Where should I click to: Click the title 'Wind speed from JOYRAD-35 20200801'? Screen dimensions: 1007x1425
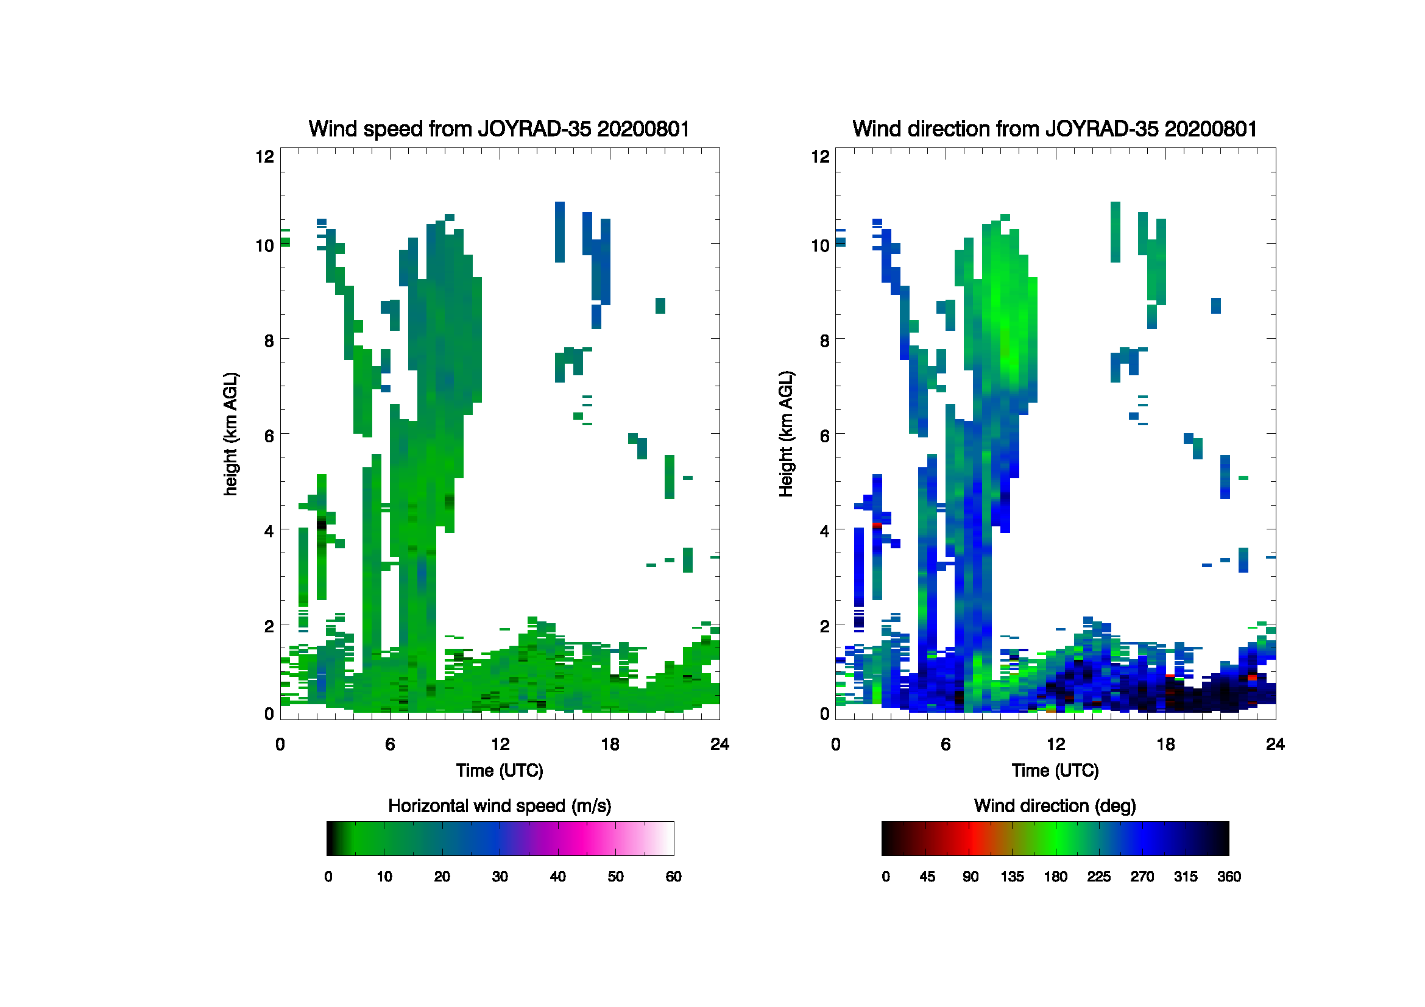point(499,129)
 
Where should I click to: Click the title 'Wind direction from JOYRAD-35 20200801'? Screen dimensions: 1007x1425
point(1055,129)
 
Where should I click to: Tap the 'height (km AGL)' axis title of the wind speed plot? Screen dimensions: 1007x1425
point(230,434)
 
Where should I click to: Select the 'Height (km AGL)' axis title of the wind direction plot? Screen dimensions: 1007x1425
point(786,434)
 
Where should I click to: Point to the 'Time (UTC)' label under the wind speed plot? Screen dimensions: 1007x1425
point(500,771)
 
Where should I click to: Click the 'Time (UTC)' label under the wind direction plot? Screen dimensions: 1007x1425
point(1055,771)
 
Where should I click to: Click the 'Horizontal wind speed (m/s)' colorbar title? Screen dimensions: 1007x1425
point(500,806)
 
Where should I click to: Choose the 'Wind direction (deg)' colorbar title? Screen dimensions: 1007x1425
point(1055,806)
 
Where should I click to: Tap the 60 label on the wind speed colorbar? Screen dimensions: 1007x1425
point(673,877)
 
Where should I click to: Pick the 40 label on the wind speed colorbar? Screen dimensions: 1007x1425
point(557,877)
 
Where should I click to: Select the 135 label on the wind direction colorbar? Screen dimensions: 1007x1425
point(1012,877)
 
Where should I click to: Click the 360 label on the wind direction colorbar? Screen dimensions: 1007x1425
point(1229,877)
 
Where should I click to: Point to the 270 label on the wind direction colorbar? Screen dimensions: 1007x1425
point(1142,877)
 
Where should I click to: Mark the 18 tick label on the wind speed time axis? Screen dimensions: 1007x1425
point(610,744)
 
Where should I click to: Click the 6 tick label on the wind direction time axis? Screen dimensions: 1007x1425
point(946,744)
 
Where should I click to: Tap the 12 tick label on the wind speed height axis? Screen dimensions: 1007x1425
point(265,157)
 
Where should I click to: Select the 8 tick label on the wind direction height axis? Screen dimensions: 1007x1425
point(824,341)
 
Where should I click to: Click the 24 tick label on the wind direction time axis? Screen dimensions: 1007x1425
point(1275,744)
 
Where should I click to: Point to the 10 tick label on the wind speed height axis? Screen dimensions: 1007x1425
point(265,246)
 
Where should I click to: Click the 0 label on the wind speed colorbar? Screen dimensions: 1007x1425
point(328,877)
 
